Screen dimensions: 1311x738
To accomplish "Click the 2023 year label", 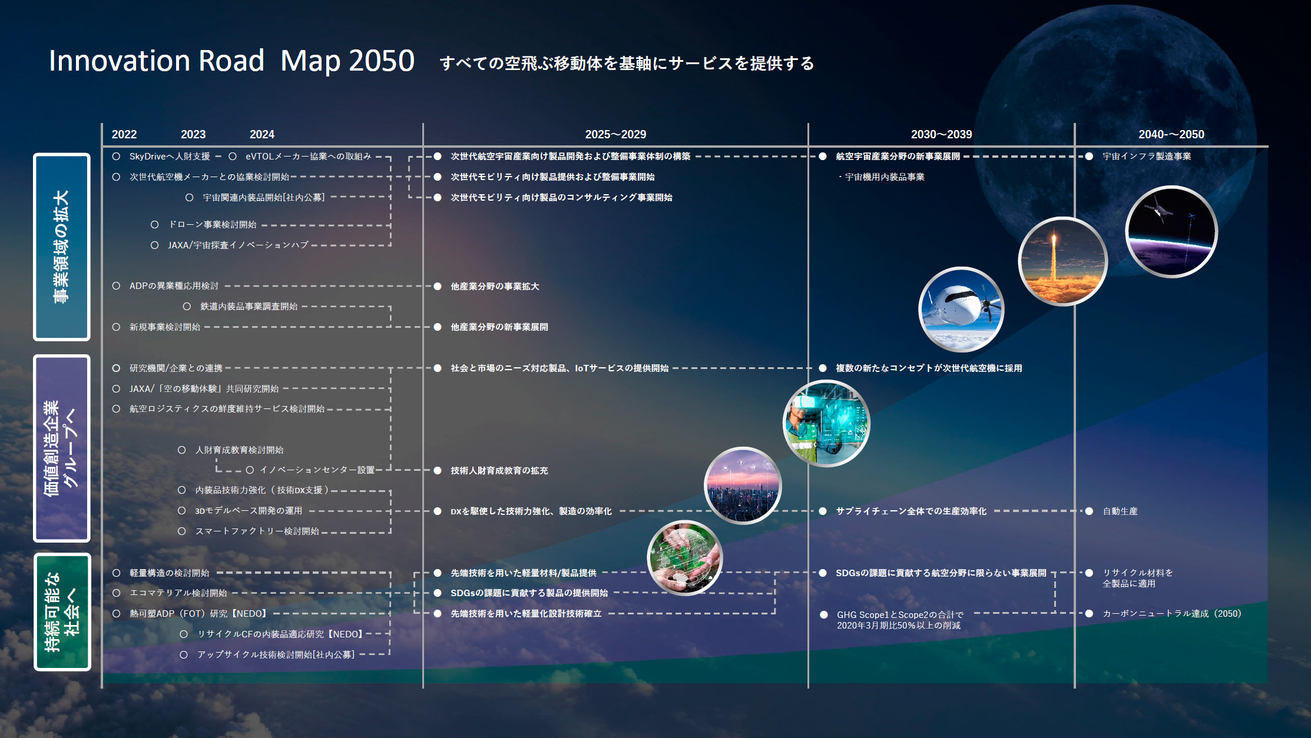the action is point(193,134).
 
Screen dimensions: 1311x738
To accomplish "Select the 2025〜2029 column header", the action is point(615,134).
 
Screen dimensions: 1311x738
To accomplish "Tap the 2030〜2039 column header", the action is point(941,134).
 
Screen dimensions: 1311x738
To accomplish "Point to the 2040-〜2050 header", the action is point(1171,134).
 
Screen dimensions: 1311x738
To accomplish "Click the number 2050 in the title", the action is point(382,61).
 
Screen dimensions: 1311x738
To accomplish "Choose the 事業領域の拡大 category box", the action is point(62,247).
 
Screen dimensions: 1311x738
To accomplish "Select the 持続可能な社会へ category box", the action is point(62,611).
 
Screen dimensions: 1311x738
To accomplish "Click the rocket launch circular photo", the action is point(1062,261).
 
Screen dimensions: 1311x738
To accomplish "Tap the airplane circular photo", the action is point(961,310).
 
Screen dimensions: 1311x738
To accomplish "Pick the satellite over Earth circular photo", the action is point(1171,231).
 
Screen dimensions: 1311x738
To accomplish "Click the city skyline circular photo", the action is point(743,485).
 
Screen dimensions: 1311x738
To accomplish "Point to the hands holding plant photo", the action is point(684,558).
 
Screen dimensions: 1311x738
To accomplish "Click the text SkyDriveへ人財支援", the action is point(170,157).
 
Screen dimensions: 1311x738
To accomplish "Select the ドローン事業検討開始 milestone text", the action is point(213,225).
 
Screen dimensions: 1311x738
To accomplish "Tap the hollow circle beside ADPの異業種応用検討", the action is point(117,286).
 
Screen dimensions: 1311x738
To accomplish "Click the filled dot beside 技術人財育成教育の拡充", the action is point(438,470).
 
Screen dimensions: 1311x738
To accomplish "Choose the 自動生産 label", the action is point(1120,511).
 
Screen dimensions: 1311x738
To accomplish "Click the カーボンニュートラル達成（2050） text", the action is point(1172,613).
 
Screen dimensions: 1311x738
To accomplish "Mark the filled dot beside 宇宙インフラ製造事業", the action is point(1089,157).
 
